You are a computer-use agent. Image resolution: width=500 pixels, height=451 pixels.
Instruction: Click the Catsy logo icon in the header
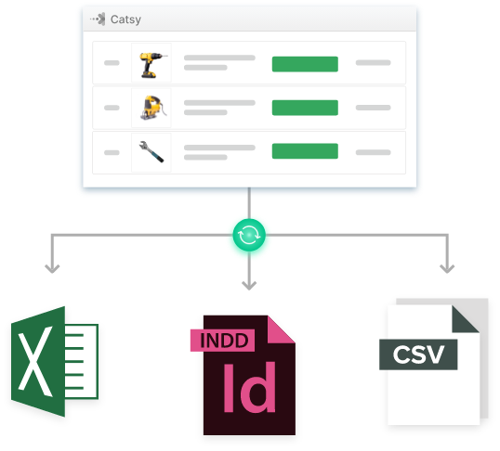point(98,19)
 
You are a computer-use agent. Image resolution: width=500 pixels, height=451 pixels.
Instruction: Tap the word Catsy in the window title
point(125,19)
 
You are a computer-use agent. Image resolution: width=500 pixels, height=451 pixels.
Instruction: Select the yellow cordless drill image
point(151,65)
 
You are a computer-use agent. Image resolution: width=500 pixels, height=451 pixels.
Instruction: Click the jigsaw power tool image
point(152,108)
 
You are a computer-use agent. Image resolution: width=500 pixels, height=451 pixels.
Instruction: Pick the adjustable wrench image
point(151,151)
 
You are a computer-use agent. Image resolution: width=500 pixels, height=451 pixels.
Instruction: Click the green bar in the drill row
point(305,64)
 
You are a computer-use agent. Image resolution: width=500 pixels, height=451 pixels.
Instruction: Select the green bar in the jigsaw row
point(305,108)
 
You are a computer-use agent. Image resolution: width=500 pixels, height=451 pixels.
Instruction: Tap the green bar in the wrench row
point(305,151)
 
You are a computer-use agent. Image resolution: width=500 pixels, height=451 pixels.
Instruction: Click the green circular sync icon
point(249,235)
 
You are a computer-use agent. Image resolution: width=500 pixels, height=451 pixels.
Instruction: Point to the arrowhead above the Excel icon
point(52,269)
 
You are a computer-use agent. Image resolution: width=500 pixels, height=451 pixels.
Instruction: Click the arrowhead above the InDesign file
point(249,286)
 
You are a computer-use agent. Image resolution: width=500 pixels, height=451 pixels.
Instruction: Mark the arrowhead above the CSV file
point(447,269)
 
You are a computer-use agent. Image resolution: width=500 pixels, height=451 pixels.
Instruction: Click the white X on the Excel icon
point(34,361)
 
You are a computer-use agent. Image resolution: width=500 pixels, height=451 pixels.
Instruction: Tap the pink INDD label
point(222,341)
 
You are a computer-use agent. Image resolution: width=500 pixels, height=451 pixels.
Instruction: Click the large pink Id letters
point(249,387)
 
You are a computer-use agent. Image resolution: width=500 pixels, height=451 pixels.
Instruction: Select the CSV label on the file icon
point(418,354)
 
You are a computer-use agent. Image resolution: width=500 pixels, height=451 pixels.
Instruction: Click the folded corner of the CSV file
point(463,321)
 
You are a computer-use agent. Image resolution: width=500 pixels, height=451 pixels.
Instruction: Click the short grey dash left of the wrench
point(112,152)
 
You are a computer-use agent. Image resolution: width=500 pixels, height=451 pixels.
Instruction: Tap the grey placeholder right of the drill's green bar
point(373,63)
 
